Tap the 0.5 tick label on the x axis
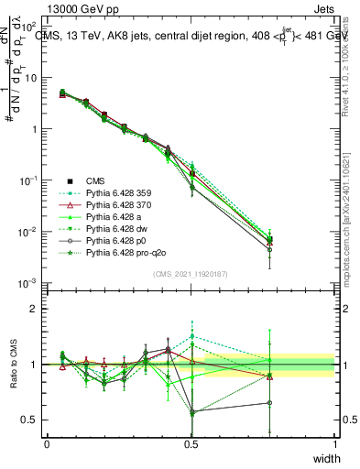[x=191, y=443]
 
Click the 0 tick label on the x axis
[x=47, y=443]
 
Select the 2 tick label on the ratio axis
[x=34, y=309]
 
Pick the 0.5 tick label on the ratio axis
[x=30, y=420]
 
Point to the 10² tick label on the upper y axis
[x=29, y=27]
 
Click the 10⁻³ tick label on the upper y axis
[x=29, y=284]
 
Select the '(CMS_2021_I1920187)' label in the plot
[x=191, y=273]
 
